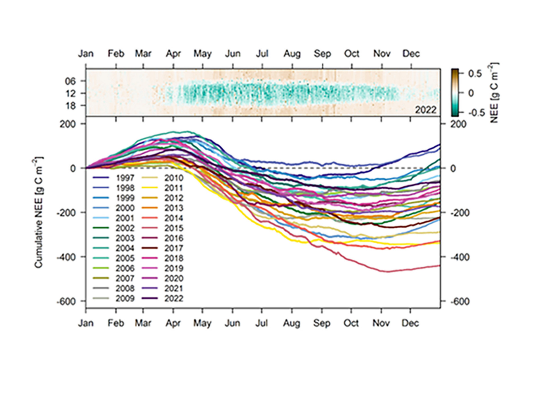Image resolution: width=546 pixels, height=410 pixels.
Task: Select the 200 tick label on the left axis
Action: (x=68, y=124)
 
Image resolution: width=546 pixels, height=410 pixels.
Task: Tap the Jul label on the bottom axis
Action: (x=261, y=323)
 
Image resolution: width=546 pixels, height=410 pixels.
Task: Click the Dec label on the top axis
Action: (x=411, y=54)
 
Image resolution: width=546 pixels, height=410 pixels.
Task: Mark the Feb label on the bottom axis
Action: (x=116, y=323)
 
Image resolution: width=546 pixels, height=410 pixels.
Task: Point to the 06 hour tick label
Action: (x=71, y=81)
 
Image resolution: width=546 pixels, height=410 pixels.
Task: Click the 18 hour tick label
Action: (x=71, y=106)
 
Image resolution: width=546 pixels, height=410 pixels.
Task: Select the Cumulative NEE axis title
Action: (x=38, y=212)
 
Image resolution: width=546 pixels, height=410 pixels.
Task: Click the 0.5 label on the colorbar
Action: (x=475, y=74)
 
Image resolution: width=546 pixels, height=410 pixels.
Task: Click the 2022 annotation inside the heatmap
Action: (x=426, y=110)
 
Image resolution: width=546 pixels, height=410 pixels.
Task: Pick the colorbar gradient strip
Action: (x=455, y=93)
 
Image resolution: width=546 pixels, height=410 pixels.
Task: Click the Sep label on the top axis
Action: (x=322, y=54)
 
